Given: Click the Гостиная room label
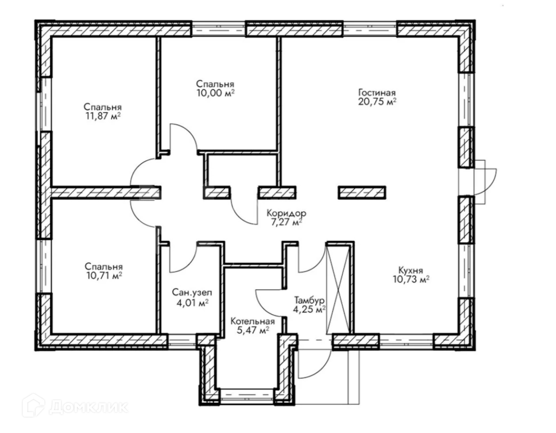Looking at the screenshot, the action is [377, 92].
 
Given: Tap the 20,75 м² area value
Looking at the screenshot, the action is [377, 102].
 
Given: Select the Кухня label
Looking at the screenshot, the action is [411, 270].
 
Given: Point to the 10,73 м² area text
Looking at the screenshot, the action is [411, 280].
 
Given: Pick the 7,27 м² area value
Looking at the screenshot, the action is [286, 222].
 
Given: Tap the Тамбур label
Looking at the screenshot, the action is [310, 300].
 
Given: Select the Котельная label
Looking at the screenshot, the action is [253, 321].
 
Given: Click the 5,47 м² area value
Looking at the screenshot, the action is [253, 331].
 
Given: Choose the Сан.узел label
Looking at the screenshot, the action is [192, 293].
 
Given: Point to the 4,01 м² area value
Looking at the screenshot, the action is [192, 303].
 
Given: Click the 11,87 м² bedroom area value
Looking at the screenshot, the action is [102, 116].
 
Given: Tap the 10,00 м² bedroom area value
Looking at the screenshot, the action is [215, 93].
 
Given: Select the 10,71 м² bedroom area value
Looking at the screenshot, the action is [104, 276].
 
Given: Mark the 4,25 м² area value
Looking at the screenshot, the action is [310, 310].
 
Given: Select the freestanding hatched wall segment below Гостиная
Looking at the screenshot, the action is [362, 193].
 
